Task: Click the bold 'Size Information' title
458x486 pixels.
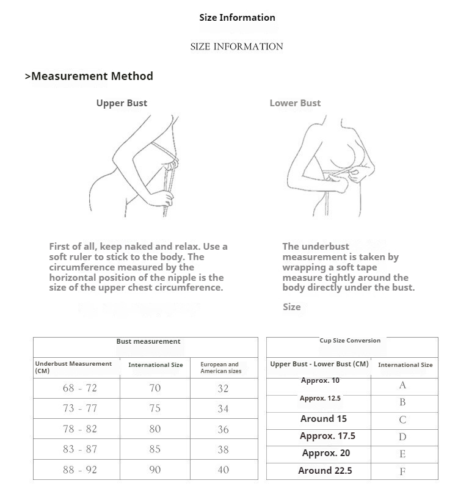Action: coord(237,18)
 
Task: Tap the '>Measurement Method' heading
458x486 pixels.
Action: coord(89,76)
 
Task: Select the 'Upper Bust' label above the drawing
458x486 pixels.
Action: coord(122,103)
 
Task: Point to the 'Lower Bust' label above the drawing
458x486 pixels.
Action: coord(295,103)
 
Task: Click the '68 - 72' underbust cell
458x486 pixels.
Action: coord(79,388)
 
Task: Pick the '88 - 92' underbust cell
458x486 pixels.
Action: coord(79,470)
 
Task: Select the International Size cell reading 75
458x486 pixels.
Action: coord(155,408)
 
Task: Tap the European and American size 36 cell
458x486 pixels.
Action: coord(223,429)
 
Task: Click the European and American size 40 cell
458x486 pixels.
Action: coord(223,470)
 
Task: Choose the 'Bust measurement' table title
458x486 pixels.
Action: coord(148,342)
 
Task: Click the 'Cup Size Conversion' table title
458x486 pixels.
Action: coord(350,341)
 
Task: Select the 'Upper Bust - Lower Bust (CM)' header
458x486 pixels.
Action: coord(319,364)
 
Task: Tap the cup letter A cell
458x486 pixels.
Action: coord(402,385)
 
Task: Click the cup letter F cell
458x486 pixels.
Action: coord(402,471)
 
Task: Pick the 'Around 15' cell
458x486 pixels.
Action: coord(324,419)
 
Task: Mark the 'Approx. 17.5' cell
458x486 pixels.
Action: coord(327,436)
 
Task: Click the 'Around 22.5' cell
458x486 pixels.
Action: coord(325,470)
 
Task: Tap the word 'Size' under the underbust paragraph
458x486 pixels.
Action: coord(292,307)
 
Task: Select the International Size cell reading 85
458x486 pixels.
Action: coord(155,449)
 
